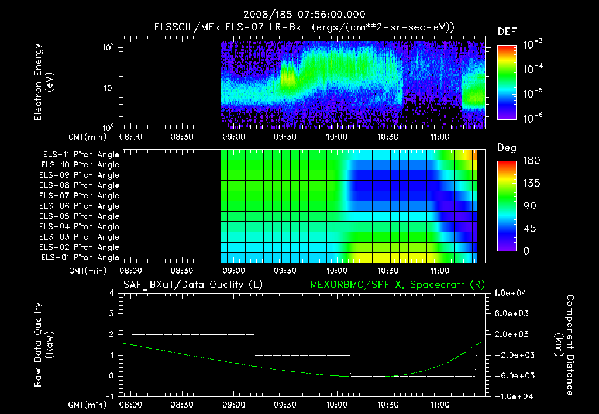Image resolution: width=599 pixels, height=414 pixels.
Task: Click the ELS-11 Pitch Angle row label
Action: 81,154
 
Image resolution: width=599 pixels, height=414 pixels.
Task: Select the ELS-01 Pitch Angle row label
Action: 81,257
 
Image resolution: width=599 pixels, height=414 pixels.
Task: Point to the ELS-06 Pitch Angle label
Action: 81,206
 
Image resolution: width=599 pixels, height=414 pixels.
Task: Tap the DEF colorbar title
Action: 507,32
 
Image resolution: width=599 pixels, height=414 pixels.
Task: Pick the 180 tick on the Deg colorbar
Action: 528,161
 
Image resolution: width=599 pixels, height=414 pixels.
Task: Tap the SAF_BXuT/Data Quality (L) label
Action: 192,284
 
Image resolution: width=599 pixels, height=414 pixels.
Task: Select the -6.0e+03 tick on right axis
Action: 512,375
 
